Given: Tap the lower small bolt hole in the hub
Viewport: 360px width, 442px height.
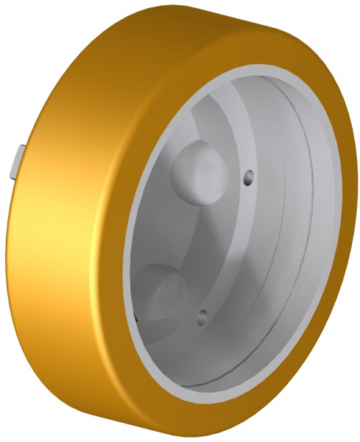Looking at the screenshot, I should pos(202,318).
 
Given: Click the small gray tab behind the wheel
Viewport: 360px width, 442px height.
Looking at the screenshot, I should pos(18,161).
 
